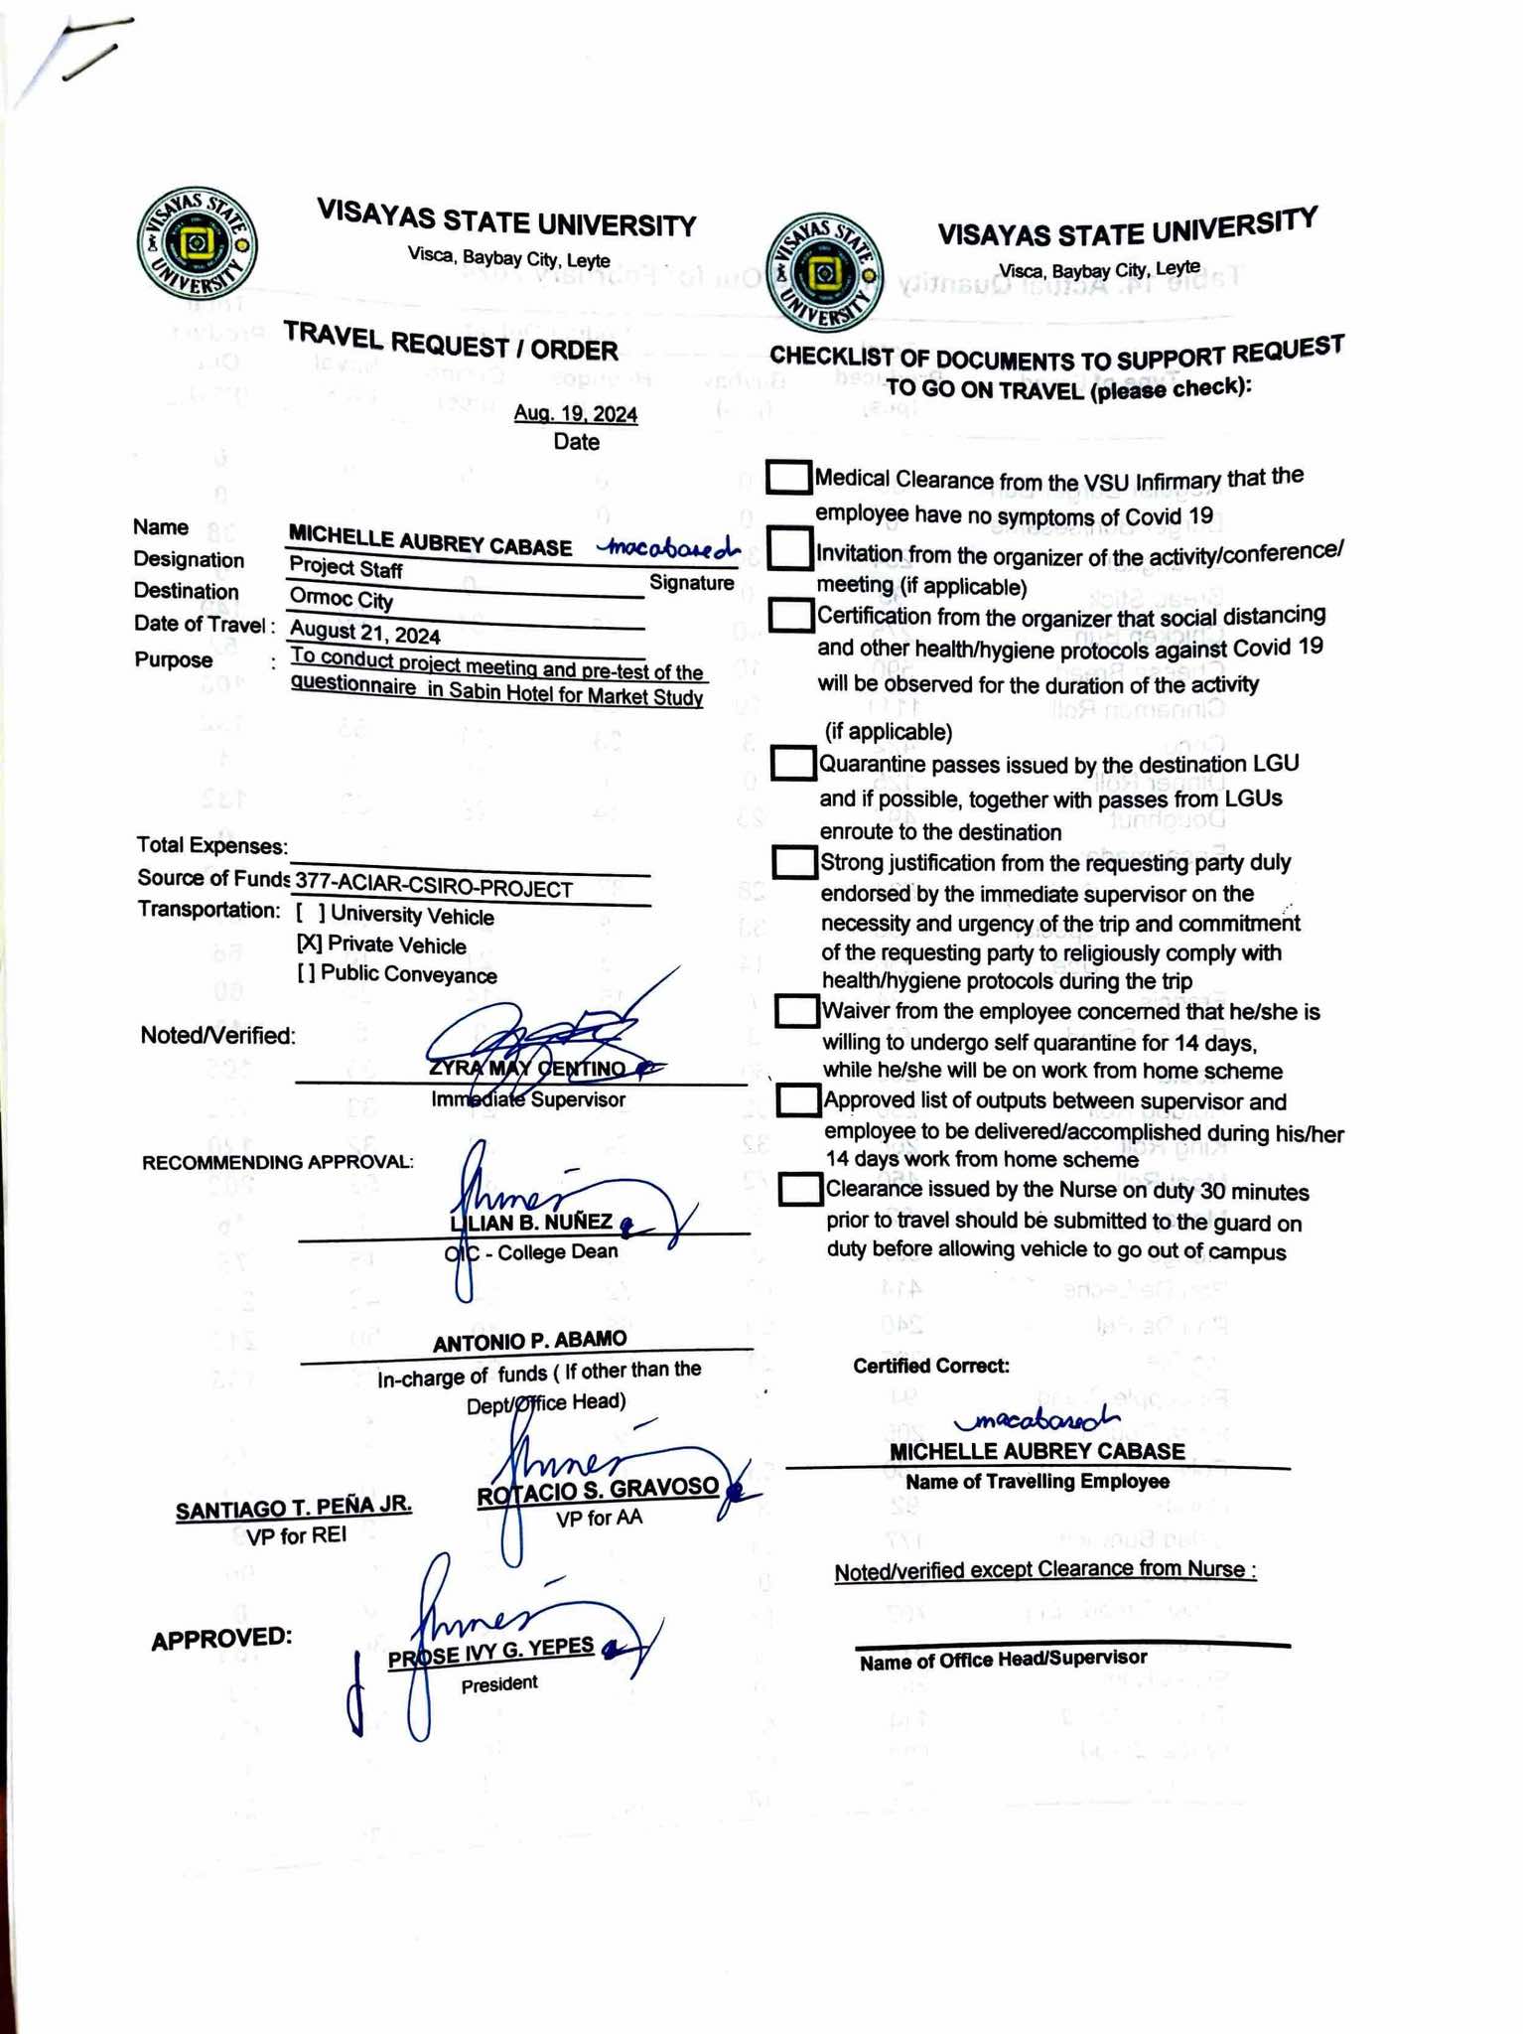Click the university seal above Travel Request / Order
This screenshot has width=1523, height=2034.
tap(198, 245)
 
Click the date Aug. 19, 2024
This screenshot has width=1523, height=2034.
tap(576, 414)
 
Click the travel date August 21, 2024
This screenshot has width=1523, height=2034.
tap(364, 633)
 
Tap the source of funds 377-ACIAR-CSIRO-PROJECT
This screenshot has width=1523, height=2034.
tap(434, 889)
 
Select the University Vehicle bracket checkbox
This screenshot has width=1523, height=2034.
tap(309, 915)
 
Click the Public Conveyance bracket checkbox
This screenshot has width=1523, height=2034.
tap(307, 974)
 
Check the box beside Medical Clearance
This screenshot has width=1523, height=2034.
tap(789, 478)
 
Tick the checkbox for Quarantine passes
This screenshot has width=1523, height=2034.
tap(793, 764)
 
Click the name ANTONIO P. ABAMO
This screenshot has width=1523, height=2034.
tap(529, 1340)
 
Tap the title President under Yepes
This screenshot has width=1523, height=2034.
tap(499, 1683)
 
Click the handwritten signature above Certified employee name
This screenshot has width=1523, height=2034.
tap(1036, 1421)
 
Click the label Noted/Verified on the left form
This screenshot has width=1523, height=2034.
tap(218, 1036)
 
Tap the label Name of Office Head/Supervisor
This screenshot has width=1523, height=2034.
tap(1003, 1658)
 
